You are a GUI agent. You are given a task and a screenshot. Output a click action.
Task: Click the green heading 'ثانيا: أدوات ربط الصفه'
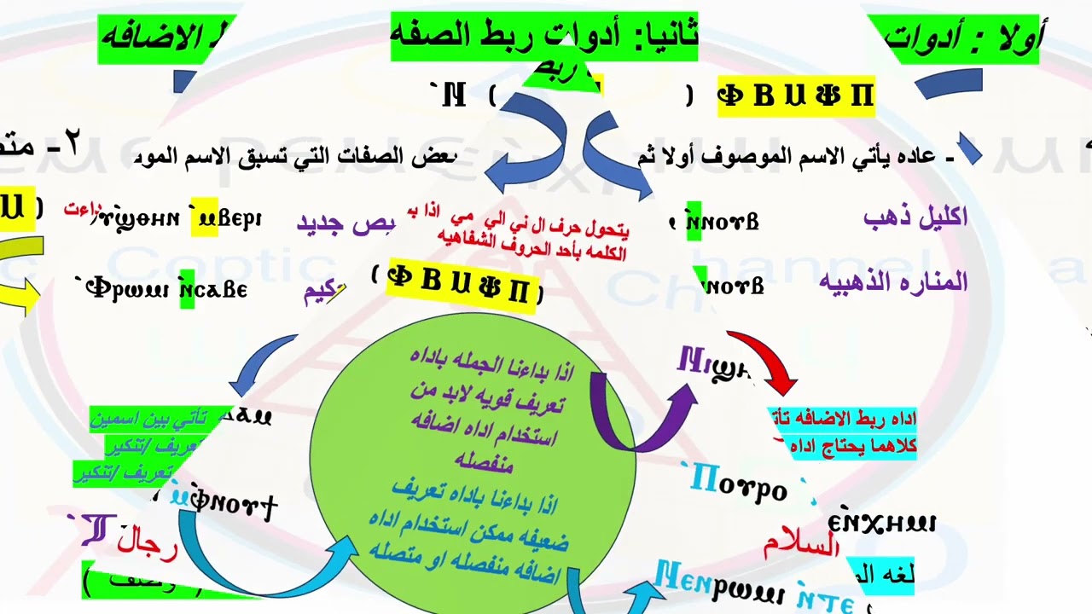[x=544, y=36]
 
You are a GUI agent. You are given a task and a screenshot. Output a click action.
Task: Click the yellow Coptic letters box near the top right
[x=795, y=96]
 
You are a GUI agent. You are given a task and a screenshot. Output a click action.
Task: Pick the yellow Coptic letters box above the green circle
[x=461, y=283]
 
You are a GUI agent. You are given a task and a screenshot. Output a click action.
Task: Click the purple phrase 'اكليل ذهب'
[x=915, y=217]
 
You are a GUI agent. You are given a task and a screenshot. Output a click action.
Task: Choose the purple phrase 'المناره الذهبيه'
[x=893, y=281]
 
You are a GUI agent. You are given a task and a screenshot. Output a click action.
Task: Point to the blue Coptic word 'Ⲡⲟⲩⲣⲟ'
[x=738, y=484]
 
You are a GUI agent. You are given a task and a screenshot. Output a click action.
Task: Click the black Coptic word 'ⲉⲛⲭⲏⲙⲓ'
[x=881, y=522]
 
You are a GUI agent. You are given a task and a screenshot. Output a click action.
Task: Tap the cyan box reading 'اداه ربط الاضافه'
[x=843, y=419]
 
